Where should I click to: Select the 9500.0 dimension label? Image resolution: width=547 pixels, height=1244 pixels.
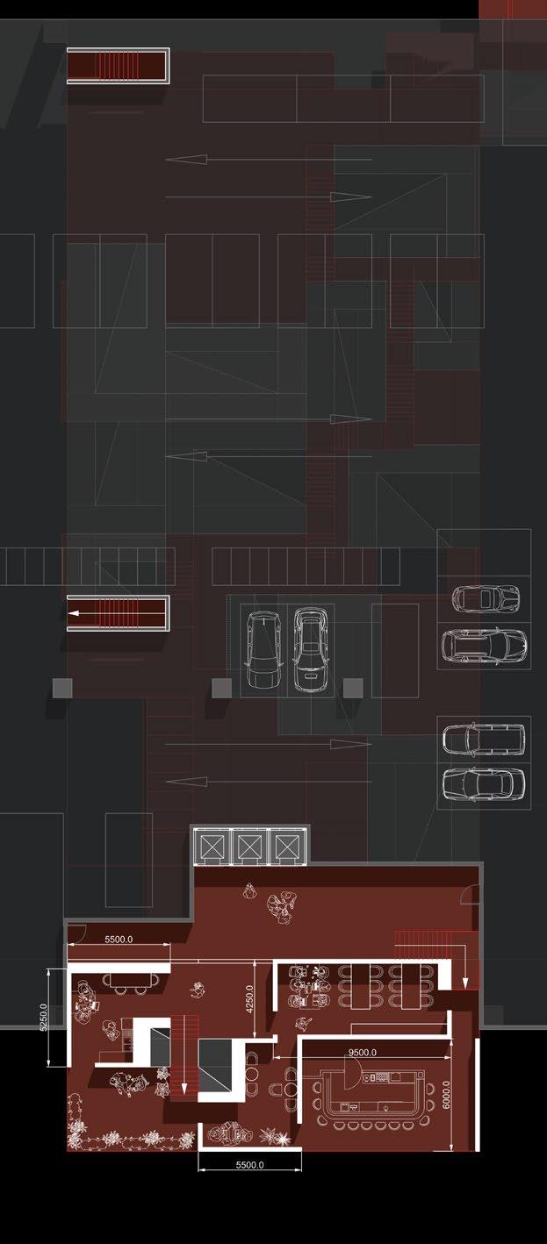(x=361, y=1052)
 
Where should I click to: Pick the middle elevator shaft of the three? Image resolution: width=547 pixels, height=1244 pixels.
(x=248, y=847)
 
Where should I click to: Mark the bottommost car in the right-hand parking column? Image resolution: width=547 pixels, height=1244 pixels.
(x=483, y=783)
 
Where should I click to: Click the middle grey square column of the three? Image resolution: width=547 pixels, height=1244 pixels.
(x=222, y=688)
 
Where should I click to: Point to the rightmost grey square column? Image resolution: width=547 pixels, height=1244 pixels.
(x=353, y=688)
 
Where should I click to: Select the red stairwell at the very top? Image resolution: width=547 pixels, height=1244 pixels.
(x=118, y=67)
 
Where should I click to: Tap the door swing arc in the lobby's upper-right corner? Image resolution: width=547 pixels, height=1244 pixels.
(x=471, y=895)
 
